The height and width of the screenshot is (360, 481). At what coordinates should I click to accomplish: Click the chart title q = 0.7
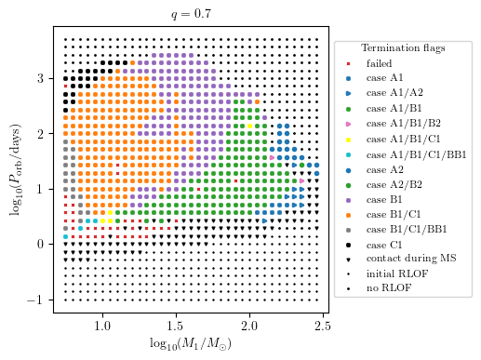click(194, 15)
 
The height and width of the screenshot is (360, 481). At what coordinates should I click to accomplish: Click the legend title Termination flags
click(403, 48)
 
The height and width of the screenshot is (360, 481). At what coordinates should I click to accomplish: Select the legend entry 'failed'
click(379, 63)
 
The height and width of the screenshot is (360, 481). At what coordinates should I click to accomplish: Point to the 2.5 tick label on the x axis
click(323, 327)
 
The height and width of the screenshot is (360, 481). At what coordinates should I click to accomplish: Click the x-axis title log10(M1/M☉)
click(194, 344)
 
